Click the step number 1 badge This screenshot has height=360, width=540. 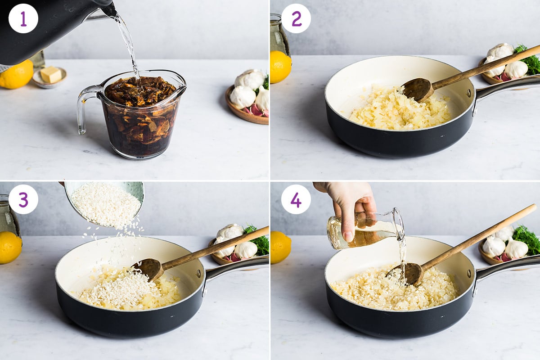click(x=23, y=18)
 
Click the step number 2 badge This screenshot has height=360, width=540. click(x=296, y=18)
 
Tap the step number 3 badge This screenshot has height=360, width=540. click(x=23, y=199)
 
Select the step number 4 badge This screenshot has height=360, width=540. click(x=296, y=199)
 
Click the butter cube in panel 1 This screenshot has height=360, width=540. click(x=50, y=74)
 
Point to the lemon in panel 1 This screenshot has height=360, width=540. click(x=16, y=75)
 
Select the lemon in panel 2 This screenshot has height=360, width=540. click(x=280, y=67)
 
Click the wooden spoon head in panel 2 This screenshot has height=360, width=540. click(x=417, y=89)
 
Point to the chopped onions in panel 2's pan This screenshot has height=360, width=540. click(x=396, y=110)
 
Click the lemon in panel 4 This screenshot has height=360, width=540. click(x=280, y=247)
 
